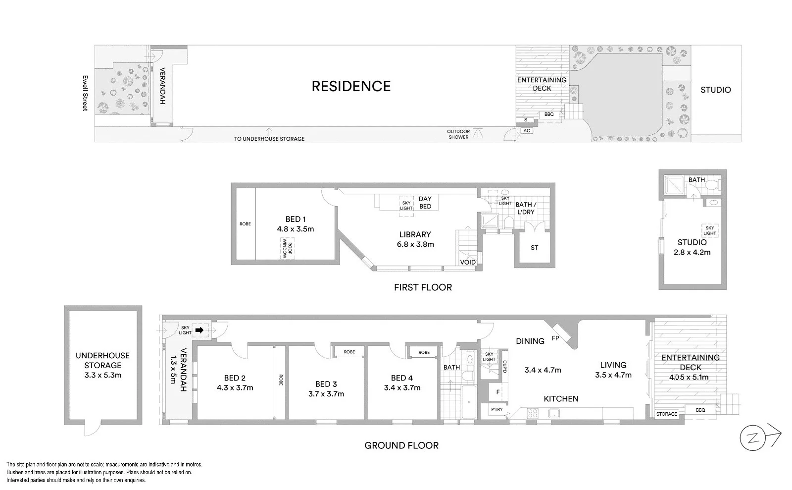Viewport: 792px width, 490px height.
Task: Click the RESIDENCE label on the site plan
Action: tap(351, 86)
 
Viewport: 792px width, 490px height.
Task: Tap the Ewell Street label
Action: tap(85, 93)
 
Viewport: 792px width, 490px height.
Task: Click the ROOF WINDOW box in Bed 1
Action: tap(287, 248)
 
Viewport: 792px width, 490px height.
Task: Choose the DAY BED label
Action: tap(425, 203)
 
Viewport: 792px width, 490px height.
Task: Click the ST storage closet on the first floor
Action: tap(534, 248)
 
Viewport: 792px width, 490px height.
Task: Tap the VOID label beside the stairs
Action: tap(468, 263)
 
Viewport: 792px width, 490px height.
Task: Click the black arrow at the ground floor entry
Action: tap(200, 329)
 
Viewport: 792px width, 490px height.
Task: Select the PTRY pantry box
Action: tap(497, 410)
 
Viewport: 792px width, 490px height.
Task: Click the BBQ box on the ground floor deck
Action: tap(700, 410)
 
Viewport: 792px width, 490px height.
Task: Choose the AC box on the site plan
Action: tap(527, 131)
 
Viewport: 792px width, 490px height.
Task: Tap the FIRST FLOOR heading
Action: tap(423, 287)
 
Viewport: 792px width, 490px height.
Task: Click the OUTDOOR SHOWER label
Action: tap(458, 134)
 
